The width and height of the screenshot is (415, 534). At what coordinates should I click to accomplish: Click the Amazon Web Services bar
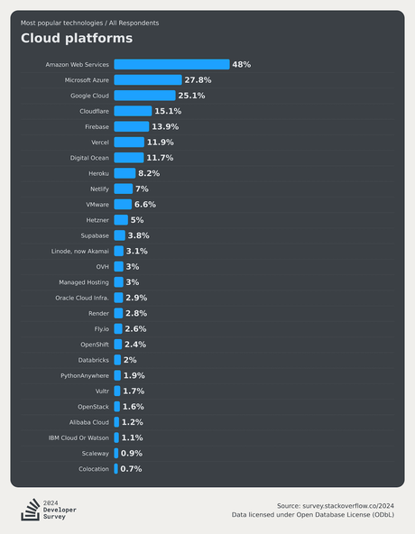[171, 65]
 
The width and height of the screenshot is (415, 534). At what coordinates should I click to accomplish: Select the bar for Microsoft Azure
[147, 80]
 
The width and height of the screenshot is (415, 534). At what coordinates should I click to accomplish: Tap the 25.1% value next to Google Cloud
[191, 96]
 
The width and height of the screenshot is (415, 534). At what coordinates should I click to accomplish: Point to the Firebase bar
[131, 126]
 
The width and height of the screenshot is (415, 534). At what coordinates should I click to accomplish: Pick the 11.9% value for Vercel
[160, 143]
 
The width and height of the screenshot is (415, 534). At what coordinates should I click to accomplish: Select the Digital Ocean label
[89, 158]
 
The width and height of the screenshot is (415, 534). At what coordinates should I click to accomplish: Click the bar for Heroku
[124, 173]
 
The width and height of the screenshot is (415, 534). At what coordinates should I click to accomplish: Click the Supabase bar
[119, 235]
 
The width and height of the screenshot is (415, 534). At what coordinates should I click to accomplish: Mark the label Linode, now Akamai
[80, 251]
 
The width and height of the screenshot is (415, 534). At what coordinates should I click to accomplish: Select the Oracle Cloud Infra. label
[82, 298]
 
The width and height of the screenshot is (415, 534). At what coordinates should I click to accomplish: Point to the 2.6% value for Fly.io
[134, 329]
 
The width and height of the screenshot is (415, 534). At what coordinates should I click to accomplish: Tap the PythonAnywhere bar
[116, 375]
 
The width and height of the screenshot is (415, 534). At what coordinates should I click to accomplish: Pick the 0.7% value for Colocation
[131, 469]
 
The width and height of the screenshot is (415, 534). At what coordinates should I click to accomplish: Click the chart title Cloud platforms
[77, 38]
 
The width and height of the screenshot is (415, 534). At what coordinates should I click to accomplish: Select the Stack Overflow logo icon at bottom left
[29, 510]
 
